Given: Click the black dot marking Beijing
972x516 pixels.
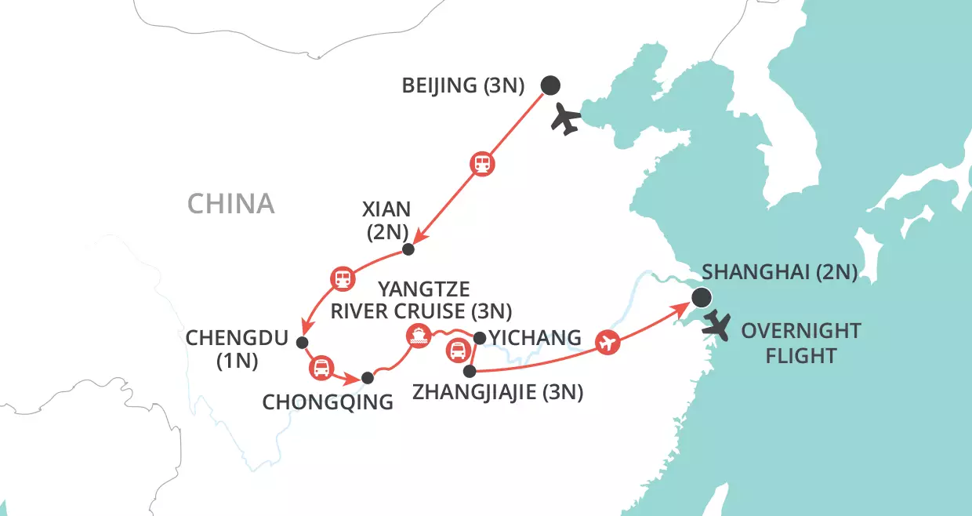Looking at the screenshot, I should [x=551, y=85].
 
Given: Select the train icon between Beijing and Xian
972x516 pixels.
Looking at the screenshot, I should [x=482, y=164].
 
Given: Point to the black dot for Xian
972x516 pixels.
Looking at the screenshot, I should [x=408, y=249].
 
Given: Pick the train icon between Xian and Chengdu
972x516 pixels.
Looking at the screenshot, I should [x=342, y=278].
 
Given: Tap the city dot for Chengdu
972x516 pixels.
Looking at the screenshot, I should [x=302, y=342].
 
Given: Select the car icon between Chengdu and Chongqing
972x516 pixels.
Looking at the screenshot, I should [x=321, y=367].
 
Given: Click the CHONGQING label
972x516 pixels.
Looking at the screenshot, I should [x=327, y=403].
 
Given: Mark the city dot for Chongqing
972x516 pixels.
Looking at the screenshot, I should [x=366, y=379].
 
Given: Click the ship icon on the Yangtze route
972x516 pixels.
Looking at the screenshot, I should [x=417, y=336].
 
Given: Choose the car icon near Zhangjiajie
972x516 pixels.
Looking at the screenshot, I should [x=457, y=351].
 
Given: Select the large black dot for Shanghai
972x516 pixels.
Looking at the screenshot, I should [x=701, y=297].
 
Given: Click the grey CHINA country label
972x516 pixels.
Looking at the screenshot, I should [x=230, y=204].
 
